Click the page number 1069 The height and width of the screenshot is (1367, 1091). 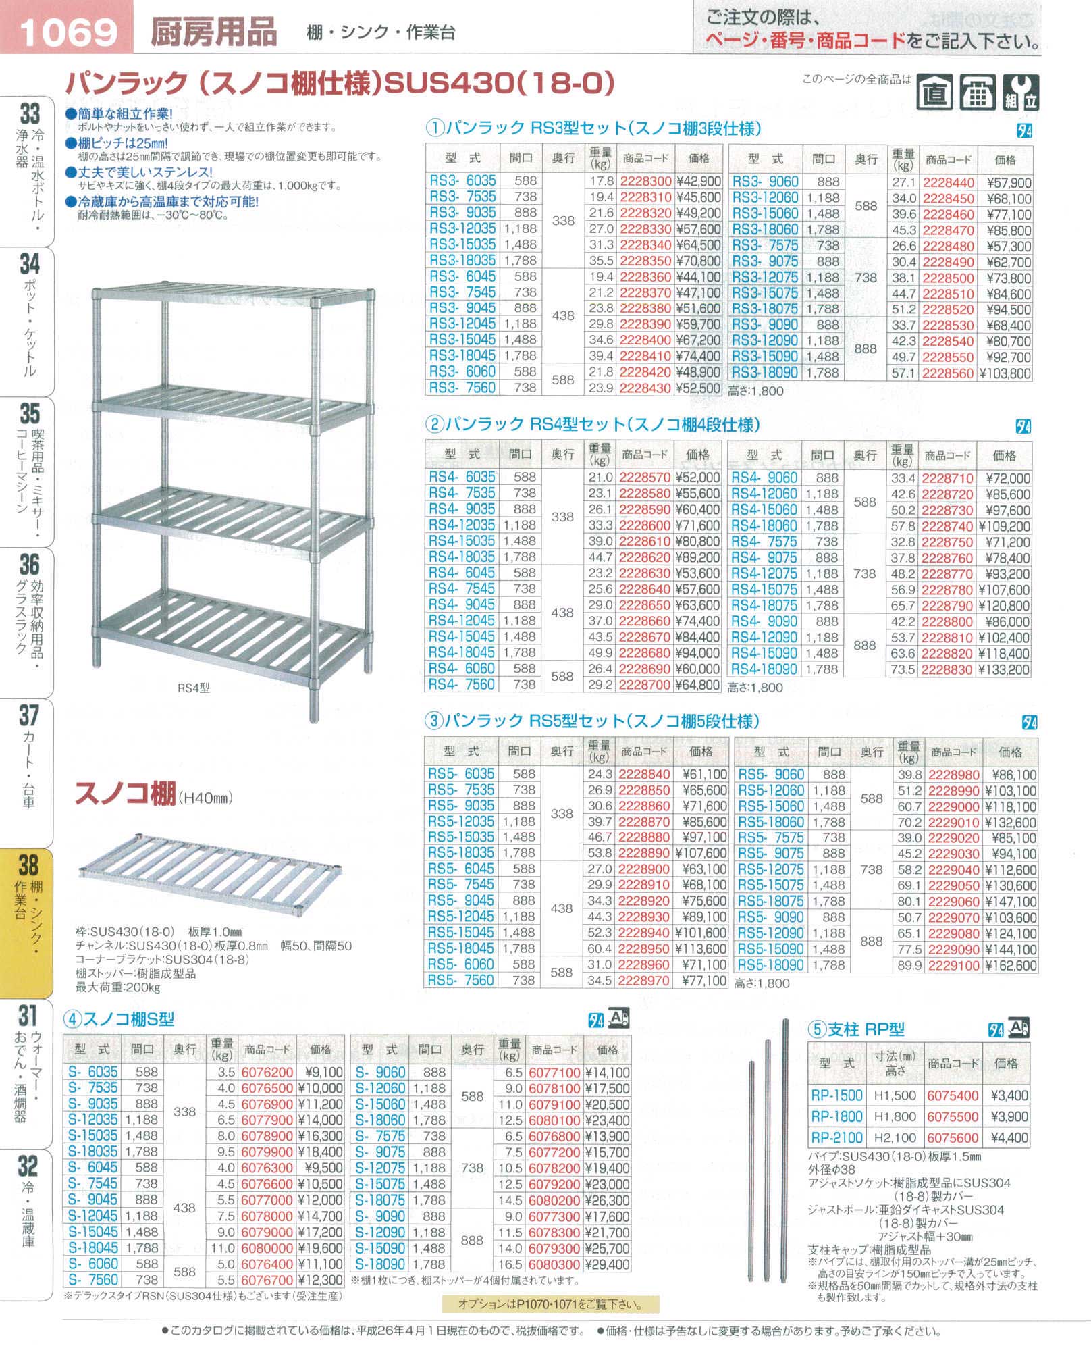pos(68,31)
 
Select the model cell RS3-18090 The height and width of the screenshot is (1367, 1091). pos(765,373)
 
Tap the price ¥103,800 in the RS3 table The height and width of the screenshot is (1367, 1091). pos(1005,373)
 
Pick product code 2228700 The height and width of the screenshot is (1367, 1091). pos(645,685)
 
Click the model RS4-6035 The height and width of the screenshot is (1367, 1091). pos(462,477)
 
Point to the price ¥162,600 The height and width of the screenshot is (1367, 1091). pos(1011,966)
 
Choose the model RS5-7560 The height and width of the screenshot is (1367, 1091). pos(461,980)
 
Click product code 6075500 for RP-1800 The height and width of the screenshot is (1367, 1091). pos(953,1116)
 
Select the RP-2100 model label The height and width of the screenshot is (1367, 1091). pos(837,1137)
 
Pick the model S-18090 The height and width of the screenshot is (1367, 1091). pos(380,1264)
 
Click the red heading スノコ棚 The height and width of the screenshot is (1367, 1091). pos(126,794)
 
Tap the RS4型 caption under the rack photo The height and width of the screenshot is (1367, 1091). pos(194,688)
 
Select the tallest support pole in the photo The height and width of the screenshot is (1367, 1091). pos(785,1148)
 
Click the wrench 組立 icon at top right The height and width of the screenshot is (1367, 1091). pos(1020,93)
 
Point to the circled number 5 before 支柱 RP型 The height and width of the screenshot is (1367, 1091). pos(817,1030)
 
